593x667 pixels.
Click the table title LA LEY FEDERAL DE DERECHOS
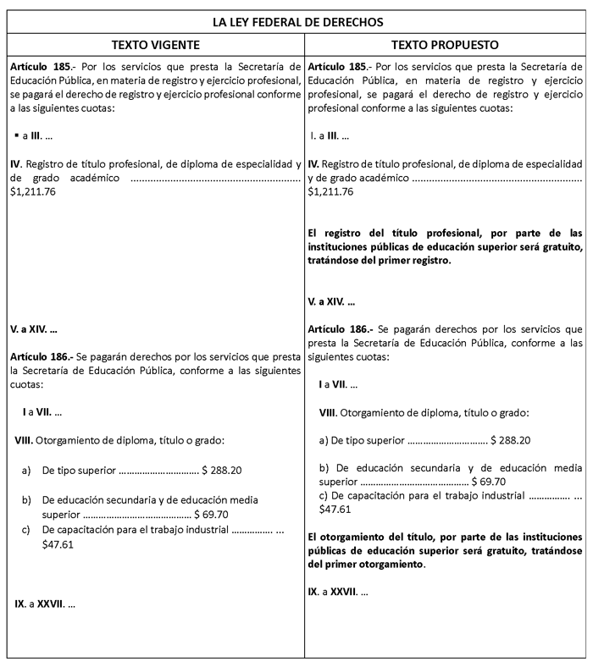click(x=297, y=20)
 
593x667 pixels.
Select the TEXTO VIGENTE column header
click(x=156, y=43)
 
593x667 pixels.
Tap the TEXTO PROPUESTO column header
click(x=445, y=43)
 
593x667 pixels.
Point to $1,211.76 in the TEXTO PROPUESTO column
click(x=331, y=192)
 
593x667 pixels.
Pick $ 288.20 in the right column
click(x=511, y=440)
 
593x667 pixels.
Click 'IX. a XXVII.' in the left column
click(x=42, y=604)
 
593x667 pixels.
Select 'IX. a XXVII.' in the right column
click(x=338, y=591)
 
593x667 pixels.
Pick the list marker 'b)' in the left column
click(x=27, y=499)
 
